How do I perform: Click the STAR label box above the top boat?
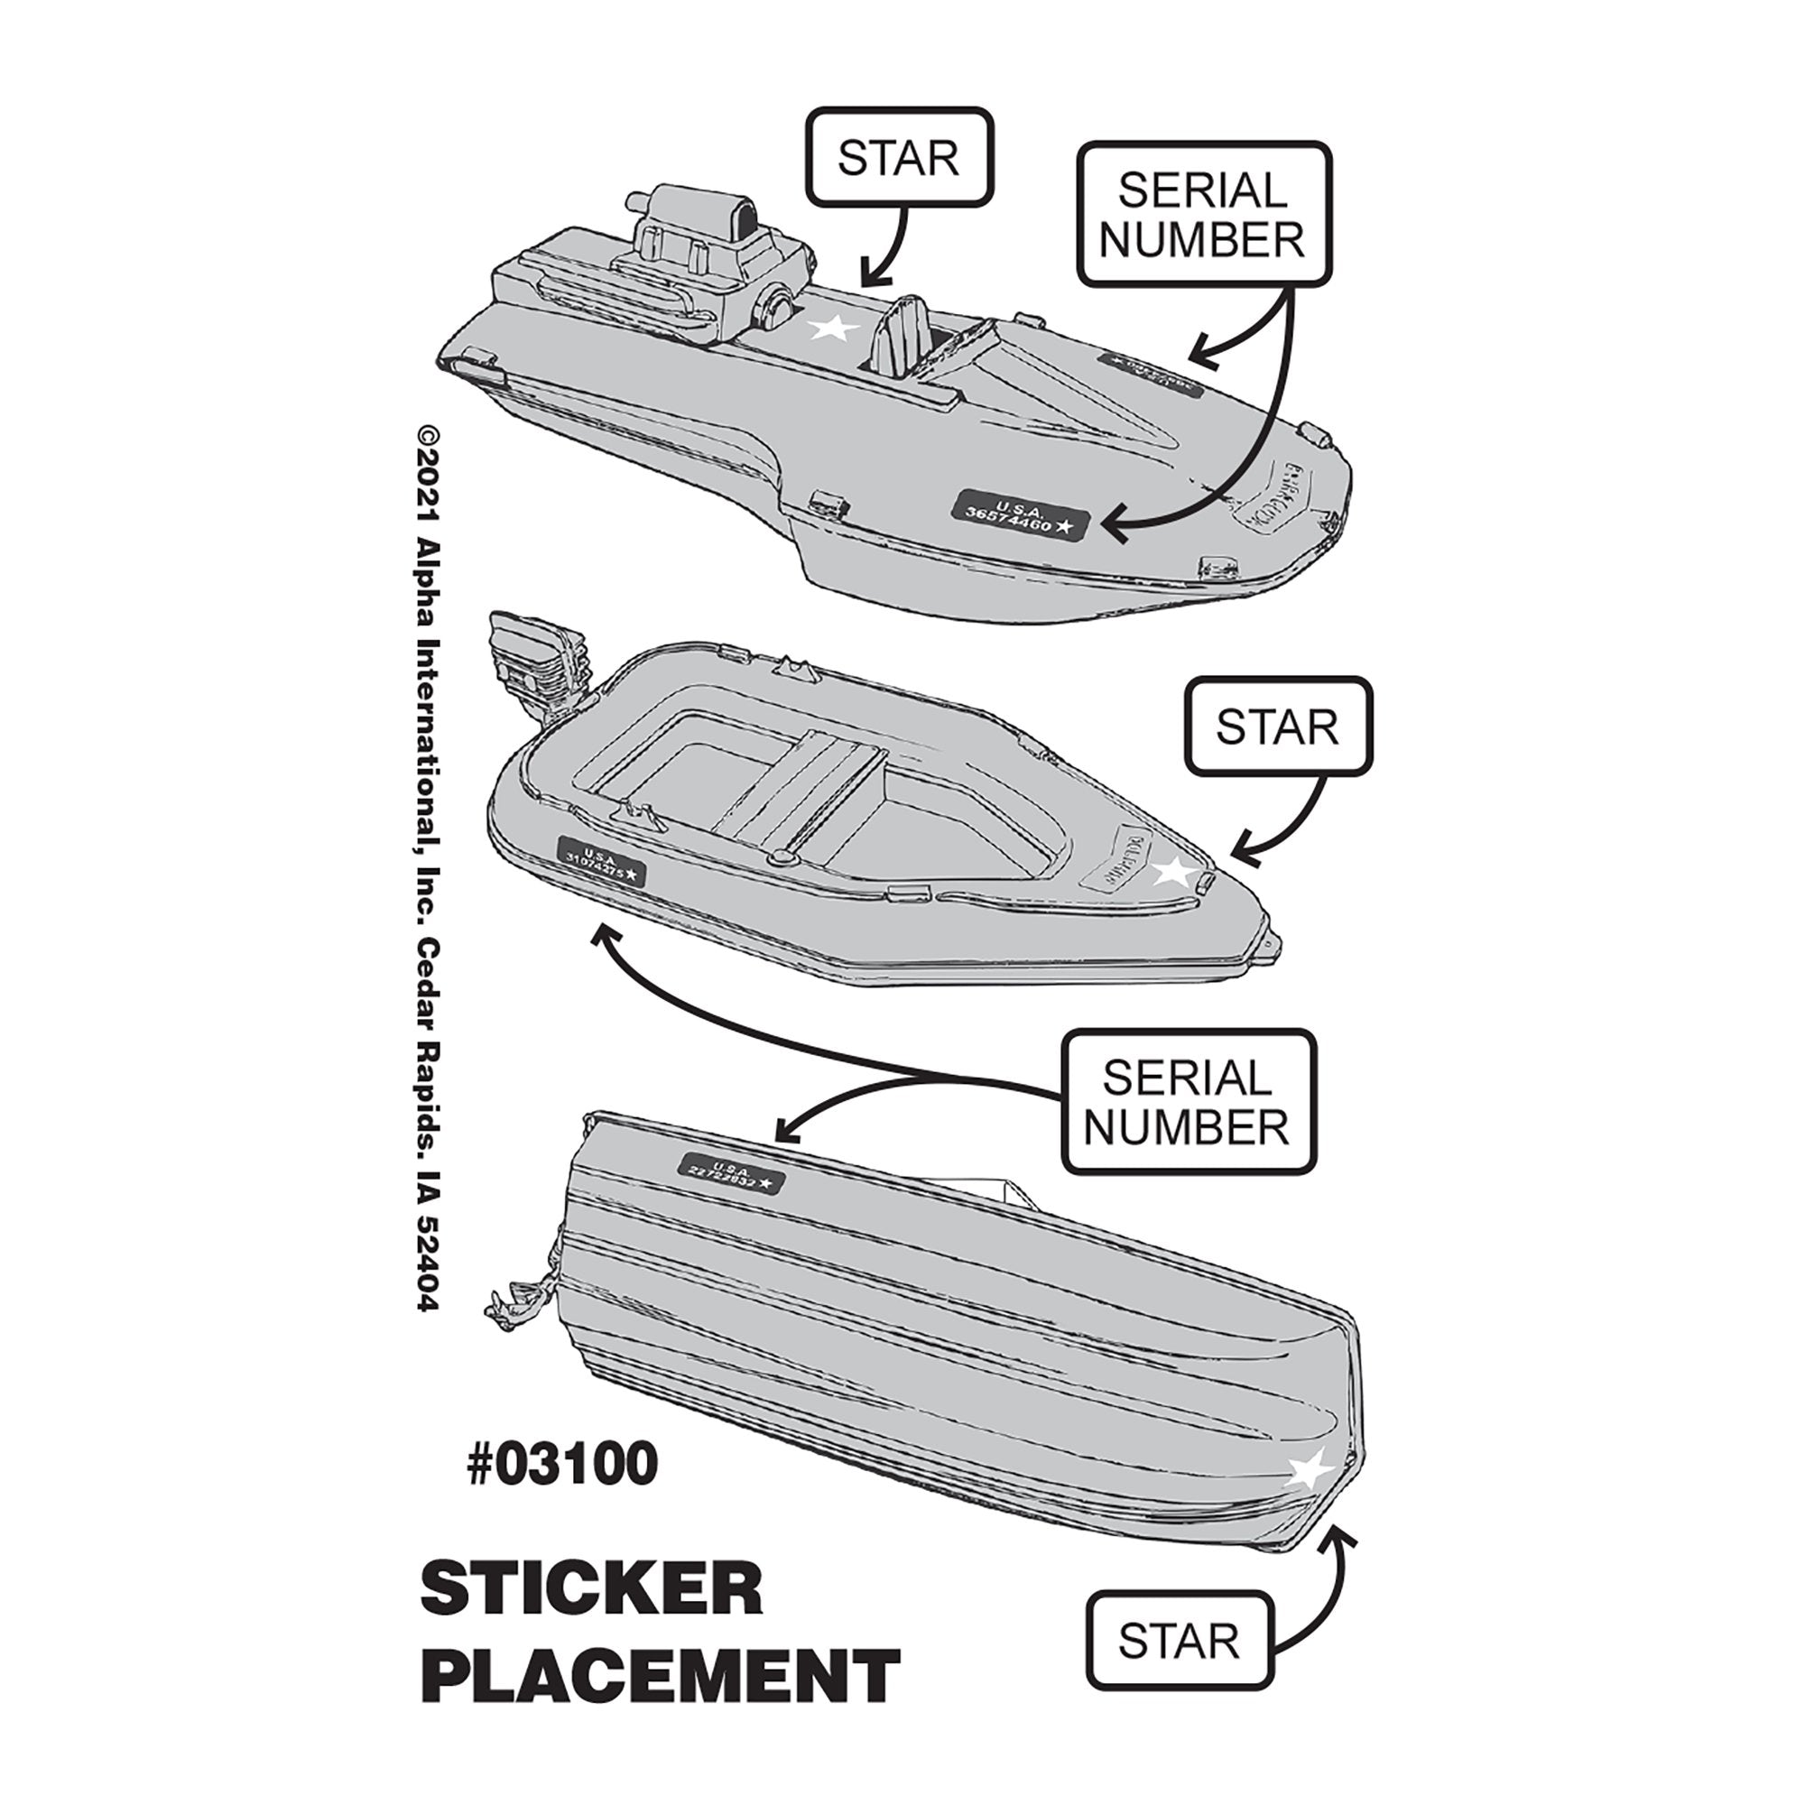point(898,157)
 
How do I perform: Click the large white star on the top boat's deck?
point(832,328)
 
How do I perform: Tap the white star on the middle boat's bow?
point(1174,872)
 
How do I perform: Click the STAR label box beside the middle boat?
point(1277,727)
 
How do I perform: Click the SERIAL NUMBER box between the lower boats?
point(1188,1103)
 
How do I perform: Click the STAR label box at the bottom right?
point(1179,1642)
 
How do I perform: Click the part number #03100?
point(562,1464)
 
